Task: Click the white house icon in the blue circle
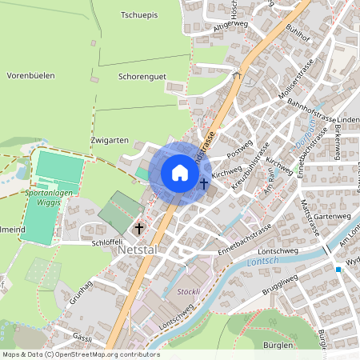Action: (180, 173)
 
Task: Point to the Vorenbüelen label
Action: (30, 75)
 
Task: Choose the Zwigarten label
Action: (110, 139)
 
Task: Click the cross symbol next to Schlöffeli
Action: (139, 229)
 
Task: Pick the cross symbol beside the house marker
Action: (204, 184)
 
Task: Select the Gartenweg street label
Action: (334, 216)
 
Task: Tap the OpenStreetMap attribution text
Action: (81, 354)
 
